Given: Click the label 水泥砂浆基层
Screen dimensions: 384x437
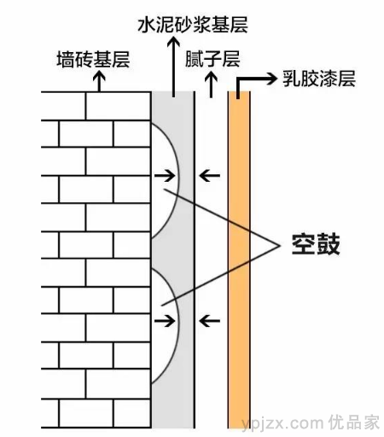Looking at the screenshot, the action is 193,25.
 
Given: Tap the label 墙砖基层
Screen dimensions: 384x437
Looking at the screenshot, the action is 93,59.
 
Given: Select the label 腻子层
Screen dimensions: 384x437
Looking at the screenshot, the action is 212,59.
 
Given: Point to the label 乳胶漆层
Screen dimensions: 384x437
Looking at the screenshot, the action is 319,79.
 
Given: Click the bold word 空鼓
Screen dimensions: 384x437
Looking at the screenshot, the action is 316,244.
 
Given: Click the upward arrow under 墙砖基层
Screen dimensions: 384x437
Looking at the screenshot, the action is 99,81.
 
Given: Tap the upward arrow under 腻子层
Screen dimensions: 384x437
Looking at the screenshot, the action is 211,84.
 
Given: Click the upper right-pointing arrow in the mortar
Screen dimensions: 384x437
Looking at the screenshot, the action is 165,175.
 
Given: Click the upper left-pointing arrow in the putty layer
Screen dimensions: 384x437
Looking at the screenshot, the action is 209,175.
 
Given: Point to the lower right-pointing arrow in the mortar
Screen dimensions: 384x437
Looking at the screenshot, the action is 165,321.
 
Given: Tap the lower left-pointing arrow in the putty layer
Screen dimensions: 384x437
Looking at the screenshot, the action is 209,321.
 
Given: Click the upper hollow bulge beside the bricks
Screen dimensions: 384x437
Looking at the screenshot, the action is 179,180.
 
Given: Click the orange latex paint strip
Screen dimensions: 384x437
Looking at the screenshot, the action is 239,259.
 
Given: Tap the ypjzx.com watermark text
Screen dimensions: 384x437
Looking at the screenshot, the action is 282,423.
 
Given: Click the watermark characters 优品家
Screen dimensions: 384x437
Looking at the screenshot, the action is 354,422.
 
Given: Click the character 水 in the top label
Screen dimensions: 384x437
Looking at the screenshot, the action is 147,25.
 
